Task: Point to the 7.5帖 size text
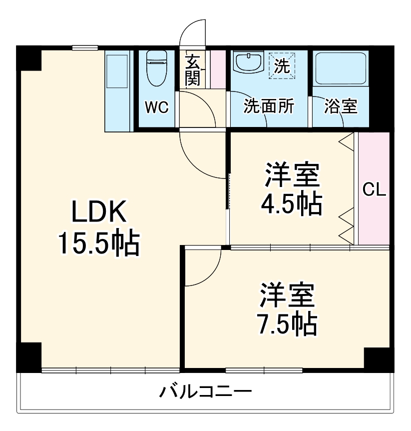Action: coord(287,323)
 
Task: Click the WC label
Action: coord(156,107)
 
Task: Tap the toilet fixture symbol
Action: coord(156,67)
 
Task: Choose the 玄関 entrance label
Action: coord(193,70)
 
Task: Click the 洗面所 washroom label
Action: coord(269,106)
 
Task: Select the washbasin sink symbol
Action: coord(248,63)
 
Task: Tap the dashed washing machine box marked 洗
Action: coord(283,65)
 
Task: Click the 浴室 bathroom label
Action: coord(341,106)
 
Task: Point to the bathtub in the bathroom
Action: coord(342,68)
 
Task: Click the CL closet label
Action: coord(374,190)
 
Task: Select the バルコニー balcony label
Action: coord(205,391)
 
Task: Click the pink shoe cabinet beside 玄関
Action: coord(218,68)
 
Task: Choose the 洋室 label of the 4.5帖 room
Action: coord(292,175)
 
